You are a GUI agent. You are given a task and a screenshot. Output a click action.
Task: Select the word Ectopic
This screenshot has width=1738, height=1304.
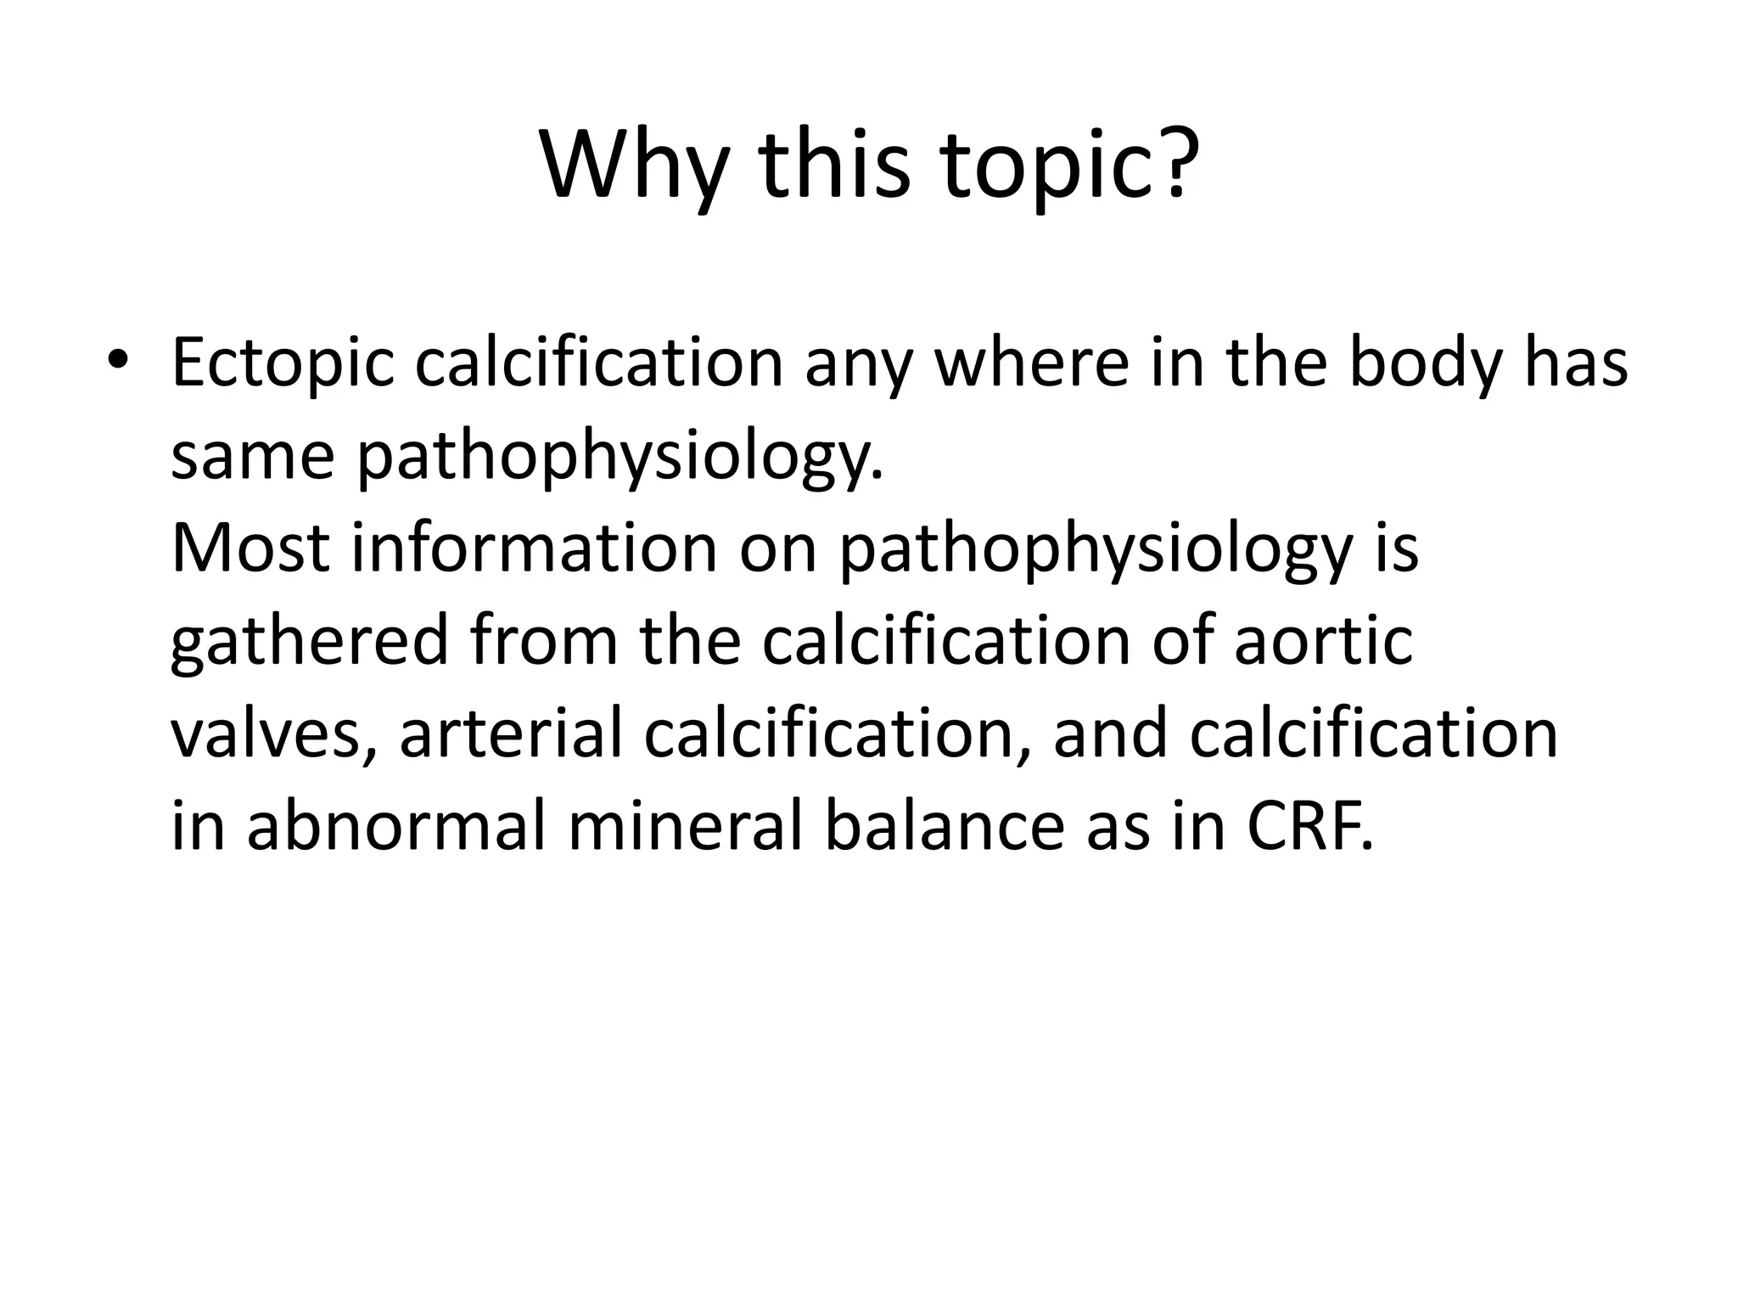283,363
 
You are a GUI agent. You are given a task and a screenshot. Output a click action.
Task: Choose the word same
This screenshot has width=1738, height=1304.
252,455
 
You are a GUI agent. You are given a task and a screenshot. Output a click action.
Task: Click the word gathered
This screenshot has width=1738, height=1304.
309,642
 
